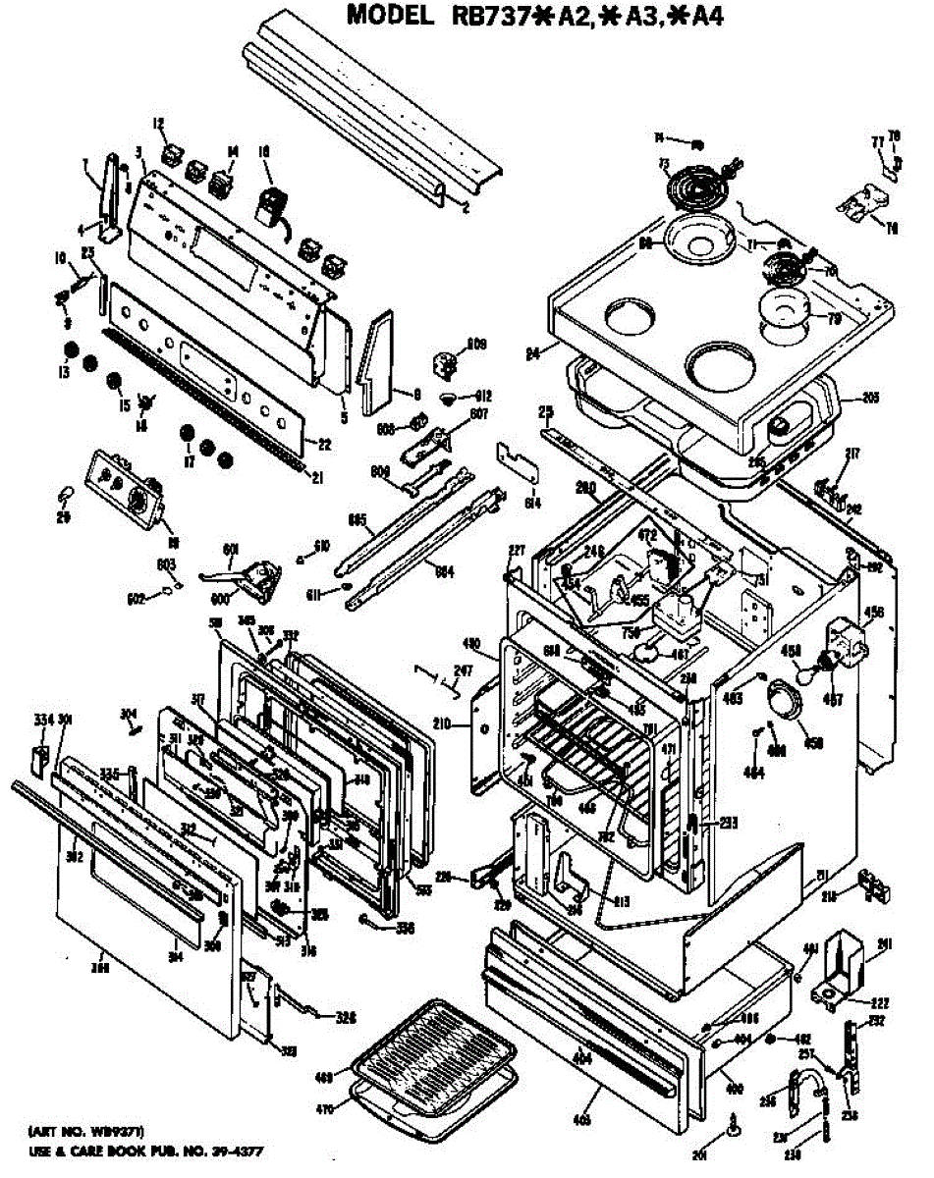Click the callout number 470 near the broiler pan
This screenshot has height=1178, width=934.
click(x=325, y=1109)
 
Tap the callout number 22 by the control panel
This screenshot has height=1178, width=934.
click(x=325, y=445)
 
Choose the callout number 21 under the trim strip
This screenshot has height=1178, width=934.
click(x=317, y=478)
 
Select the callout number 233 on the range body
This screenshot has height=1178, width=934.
click(x=728, y=823)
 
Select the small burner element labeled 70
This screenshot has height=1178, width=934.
click(x=787, y=266)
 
